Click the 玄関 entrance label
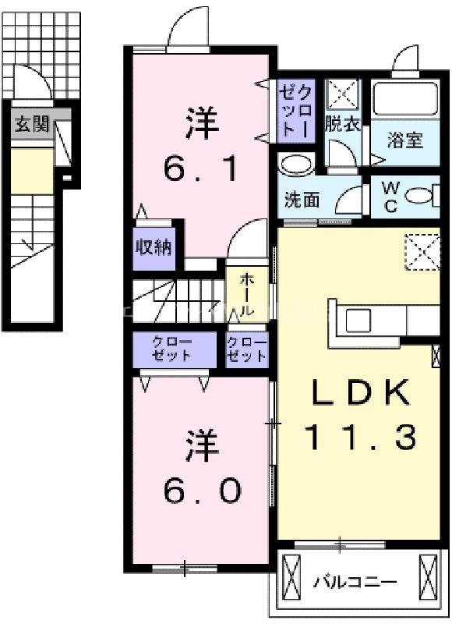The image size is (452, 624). click(x=31, y=123)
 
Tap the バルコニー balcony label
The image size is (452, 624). click(x=355, y=582)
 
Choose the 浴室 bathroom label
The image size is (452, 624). click(x=405, y=140)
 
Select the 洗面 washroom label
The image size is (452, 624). click(x=301, y=200)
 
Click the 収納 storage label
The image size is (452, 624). click(x=156, y=248)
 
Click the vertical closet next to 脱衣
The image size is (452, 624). click(x=296, y=112)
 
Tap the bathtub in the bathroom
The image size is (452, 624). click(x=405, y=100)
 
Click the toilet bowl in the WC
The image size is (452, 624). click(x=420, y=196)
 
